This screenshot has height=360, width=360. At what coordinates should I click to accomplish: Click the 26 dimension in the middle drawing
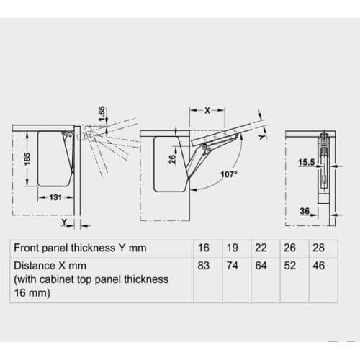tap(173, 160)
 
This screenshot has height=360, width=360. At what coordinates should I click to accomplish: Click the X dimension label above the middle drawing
tap(206, 110)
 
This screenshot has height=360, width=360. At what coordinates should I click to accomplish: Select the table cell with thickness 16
tap(204, 248)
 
